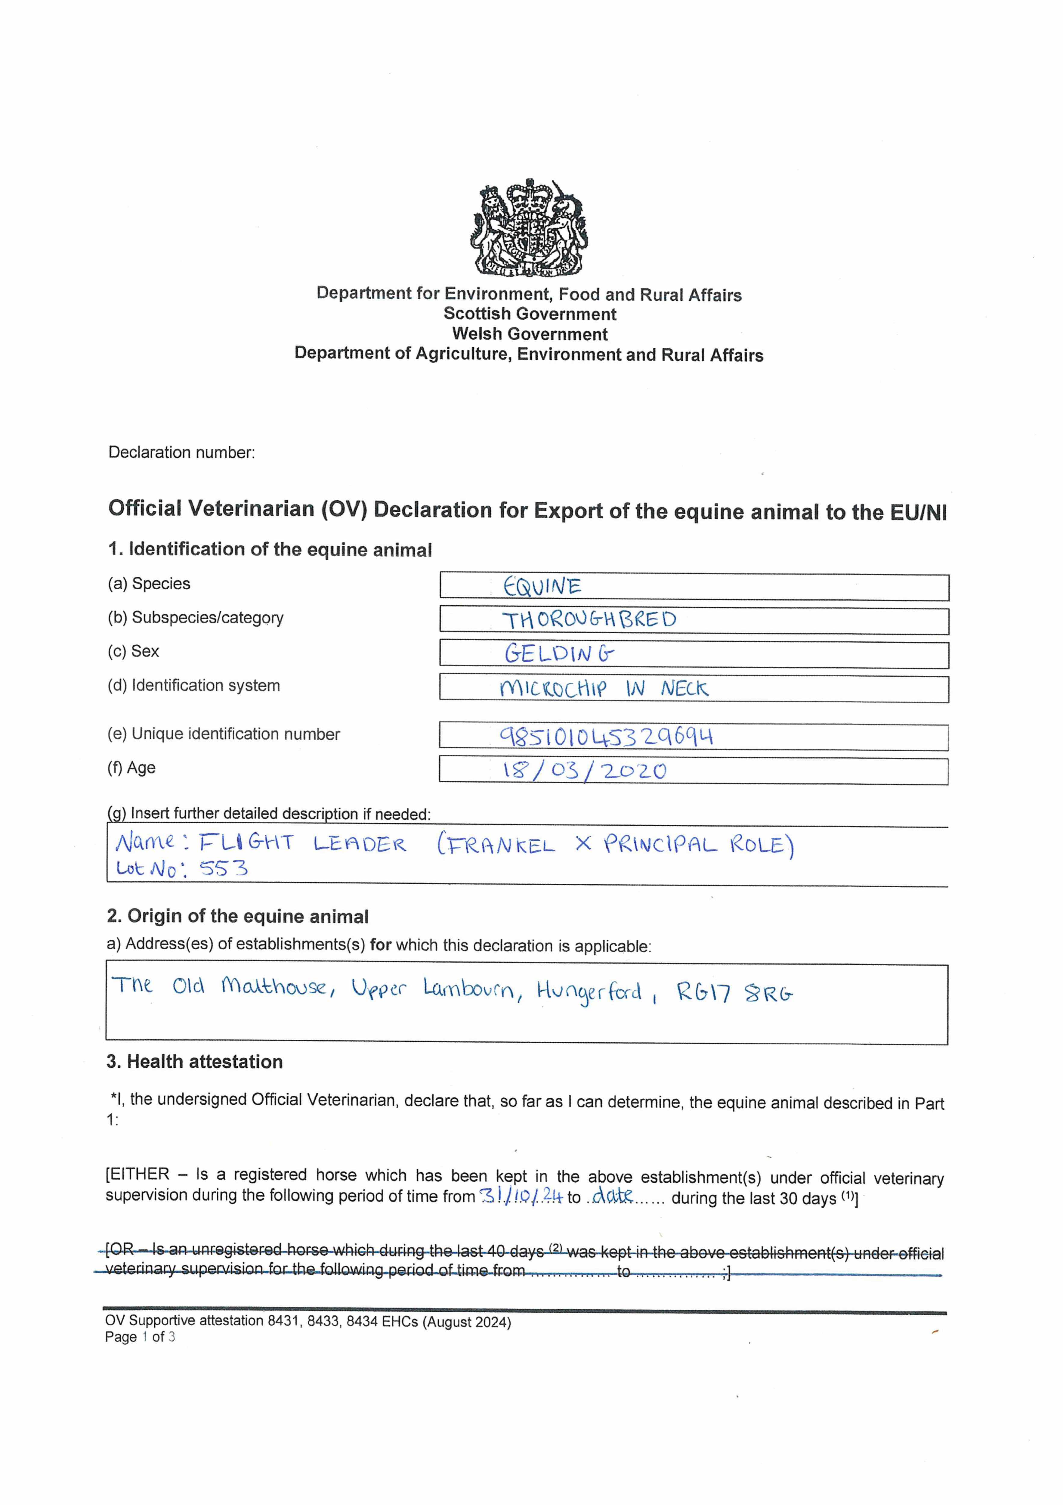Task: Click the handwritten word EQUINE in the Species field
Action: point(542,586)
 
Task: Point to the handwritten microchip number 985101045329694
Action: point(606,737)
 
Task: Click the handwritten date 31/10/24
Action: point(521,1196)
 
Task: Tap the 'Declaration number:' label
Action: point(181,452)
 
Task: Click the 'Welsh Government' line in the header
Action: point(530,334)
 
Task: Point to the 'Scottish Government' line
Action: point(530,314)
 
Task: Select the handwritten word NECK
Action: point(684,688)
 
